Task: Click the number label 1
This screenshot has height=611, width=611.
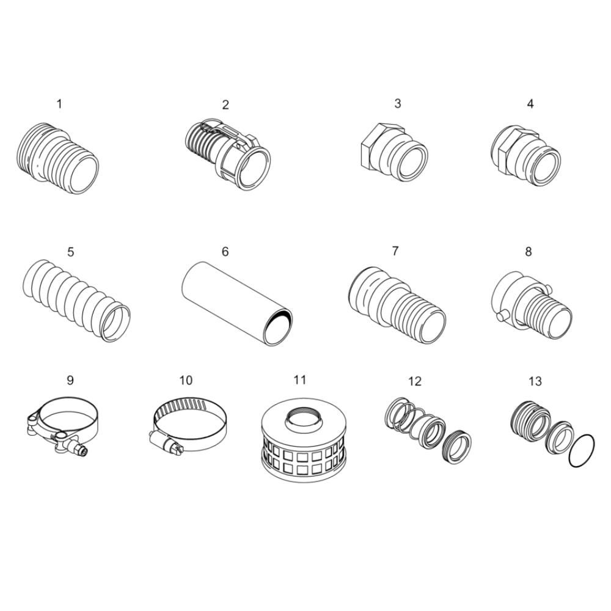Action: [x=59, y=104]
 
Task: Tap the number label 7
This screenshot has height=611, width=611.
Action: [x=395, y=251]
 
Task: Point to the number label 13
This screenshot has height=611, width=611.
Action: [x=535, y=381]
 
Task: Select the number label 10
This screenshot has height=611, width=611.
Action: [x=186, y=380]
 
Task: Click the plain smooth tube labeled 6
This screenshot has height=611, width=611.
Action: [x=237, y=303]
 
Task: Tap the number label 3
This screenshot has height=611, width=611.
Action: [x=398, y=104]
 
